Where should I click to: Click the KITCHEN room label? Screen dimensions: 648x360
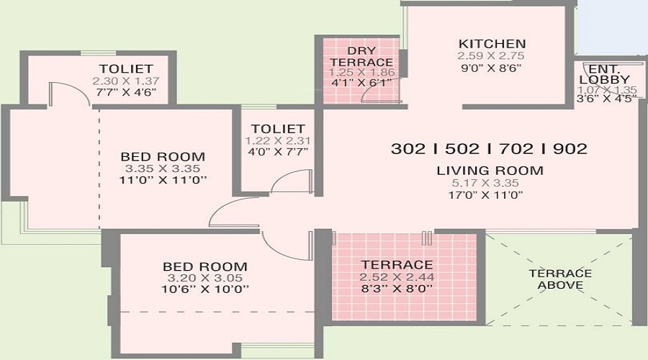coord(492,44)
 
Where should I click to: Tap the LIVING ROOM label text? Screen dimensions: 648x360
coord(490,171)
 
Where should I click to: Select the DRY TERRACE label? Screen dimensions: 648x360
coord(361,56)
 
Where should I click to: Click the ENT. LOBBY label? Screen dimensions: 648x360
coord(605,74)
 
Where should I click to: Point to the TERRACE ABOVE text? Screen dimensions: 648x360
coord(560,279)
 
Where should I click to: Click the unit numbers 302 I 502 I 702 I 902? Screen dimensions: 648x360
coord(489,149)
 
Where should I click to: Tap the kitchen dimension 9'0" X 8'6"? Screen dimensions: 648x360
coord(491,68)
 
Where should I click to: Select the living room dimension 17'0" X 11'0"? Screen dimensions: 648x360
coord(486,194)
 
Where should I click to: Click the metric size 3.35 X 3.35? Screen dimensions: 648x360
coord(163,168)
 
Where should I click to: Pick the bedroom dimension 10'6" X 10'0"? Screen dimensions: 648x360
coord(205,289)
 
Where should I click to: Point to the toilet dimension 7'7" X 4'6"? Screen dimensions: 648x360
coord(126,91)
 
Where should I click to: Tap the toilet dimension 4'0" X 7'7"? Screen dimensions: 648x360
coord(278,152)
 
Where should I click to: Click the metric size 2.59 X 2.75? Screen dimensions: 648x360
coord(491,55)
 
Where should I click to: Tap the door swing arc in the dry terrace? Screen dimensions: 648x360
coord(374,91)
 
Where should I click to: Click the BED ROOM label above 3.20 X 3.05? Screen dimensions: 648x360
coord(205,266)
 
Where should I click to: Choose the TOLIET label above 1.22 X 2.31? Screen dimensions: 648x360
coord(278,129)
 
